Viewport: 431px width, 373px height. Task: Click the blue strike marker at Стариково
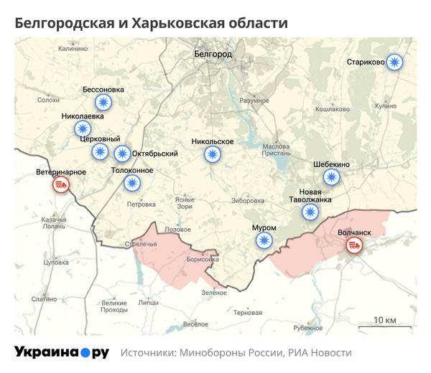click(x=394, y=62)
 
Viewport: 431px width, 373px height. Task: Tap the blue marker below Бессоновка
click(x=105, y=103)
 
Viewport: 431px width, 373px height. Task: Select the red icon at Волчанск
click(x=353, y=245)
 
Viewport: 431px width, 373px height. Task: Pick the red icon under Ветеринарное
click(x=61, y=186)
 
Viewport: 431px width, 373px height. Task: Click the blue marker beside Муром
click(x=265, y=240)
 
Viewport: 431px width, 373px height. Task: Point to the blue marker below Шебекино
click(x=331, y=176)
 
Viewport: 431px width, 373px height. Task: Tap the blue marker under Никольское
click(x=212, y=154)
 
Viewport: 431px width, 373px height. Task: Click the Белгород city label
click(x=213, y=54)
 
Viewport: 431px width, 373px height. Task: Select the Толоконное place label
click(x=132, y=170)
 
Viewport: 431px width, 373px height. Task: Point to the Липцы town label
click(x=148, y=303)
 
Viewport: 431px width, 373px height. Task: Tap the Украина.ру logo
click(x=62, y=352)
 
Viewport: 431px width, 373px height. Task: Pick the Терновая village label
click(x=248, y=313)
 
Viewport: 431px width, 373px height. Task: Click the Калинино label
click(x=73, y=49)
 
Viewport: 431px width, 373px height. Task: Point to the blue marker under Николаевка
click(x=83, y=129)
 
